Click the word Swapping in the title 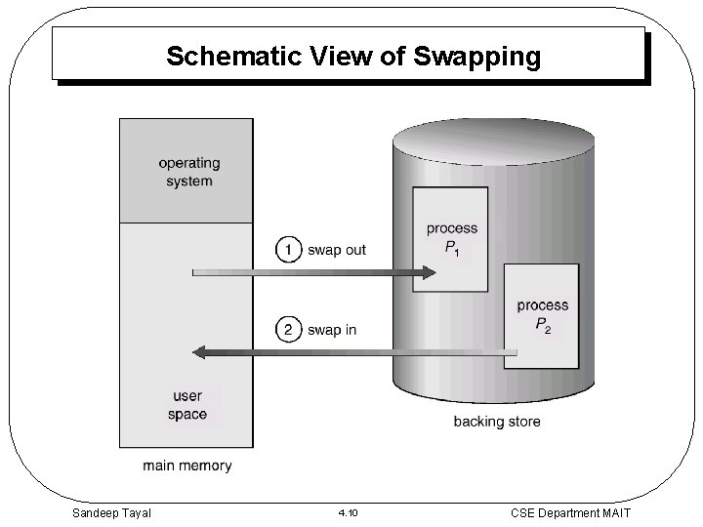pos(476,57)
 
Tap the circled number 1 pos(288,250)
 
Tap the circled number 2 pos(288,329)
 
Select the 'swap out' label pos(337,250)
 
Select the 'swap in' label pos(332,330)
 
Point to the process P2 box pos(542,315)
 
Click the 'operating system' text pos(188,172)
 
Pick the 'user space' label pos(188,405)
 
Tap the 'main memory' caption pos(187,466)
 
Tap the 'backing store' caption pos(496,422)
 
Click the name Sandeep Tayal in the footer pos(111,511)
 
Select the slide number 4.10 pos(348,512)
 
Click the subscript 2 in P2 pos(548,331)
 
